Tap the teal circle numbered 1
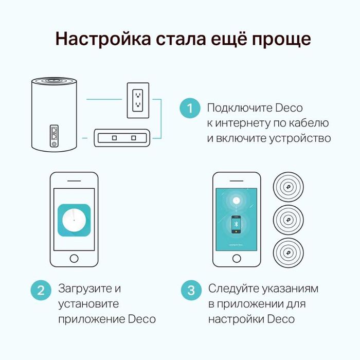[x=190, y=109]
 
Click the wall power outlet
[x=137, y=99]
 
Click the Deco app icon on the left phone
[x=75, y=220]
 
